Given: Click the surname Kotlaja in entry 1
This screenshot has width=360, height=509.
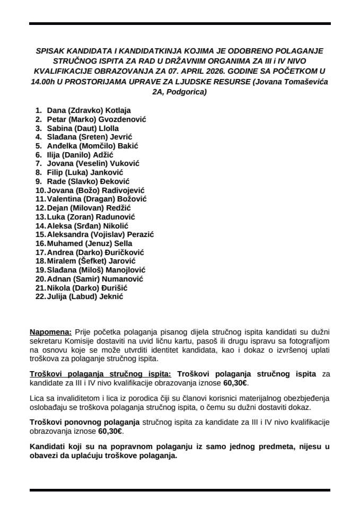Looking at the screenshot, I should click(x=118, y=110).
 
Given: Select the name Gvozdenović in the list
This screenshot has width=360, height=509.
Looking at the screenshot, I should click(x=122, y=119).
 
